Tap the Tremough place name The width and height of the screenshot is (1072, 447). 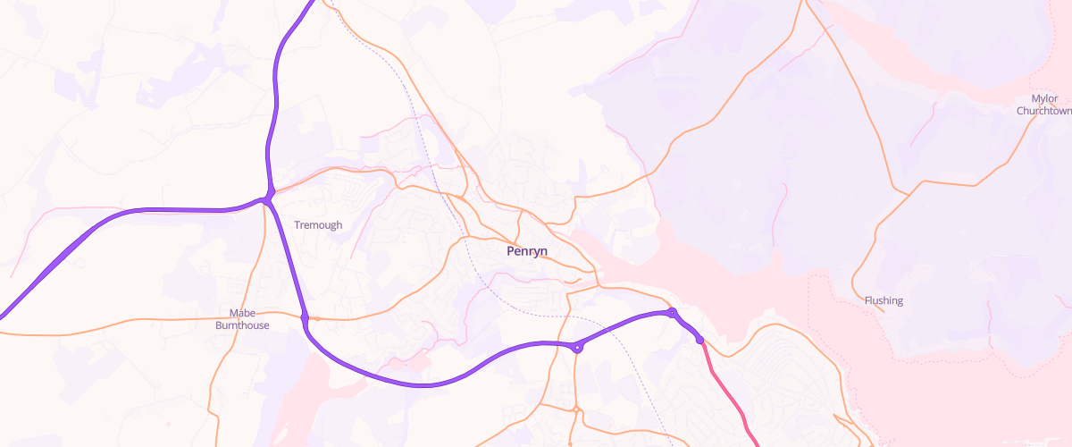point(318,225)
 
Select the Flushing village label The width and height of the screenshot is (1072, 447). point(884,300)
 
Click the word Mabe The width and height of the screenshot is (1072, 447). point(242,313)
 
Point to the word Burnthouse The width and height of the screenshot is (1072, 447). point(242,325)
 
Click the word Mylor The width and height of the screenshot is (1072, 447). point(1043,98)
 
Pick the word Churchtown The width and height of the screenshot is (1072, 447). point(1043,111)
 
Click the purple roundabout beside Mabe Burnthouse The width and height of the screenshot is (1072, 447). point(305,317)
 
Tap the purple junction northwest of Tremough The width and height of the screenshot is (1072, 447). point(267,199)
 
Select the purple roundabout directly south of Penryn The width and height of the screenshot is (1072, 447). point(578,347)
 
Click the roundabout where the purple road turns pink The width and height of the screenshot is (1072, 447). point(699,340)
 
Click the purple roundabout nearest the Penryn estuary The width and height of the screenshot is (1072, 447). point(672,312)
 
